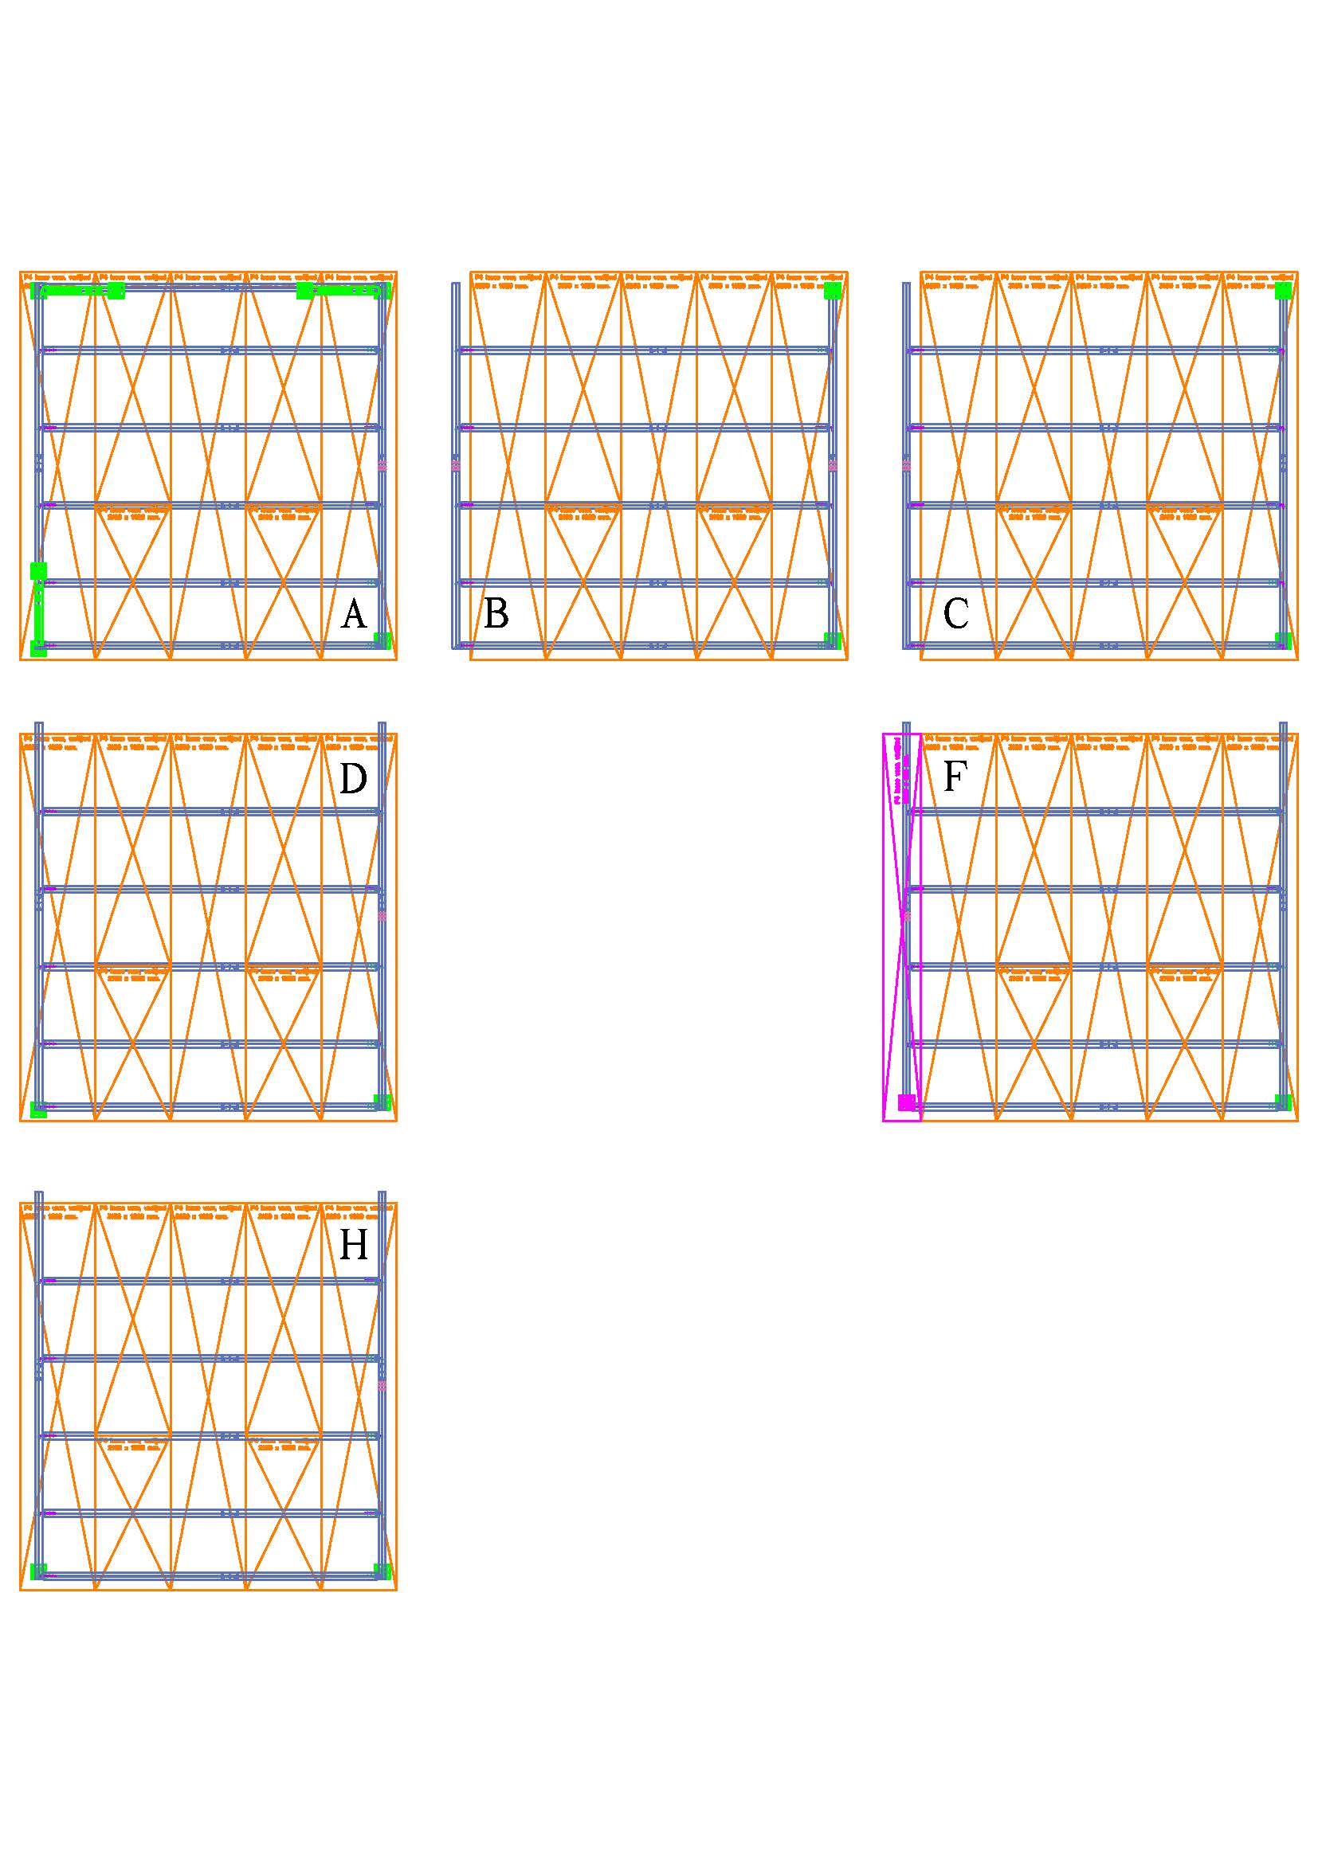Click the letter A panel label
(x=354, y=614)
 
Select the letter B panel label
(x=496, y=613)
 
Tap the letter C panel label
(x=955, y=613)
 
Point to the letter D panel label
(x=353, y=780)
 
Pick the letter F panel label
(x=955, y=777)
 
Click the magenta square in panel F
(x=907, y=1102)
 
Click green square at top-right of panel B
(x=833, y=291)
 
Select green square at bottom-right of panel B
(x=832, y=640)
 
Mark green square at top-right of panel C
(x=1283, y=291)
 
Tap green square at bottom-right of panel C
(x=1283, y=640)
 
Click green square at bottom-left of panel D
(x=38, y=1110)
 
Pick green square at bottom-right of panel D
(x=382, y=1102)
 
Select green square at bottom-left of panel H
(x=38, y=1571)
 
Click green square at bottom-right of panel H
(x=382, y=1571)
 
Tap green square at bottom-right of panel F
(x=1283, y=1102)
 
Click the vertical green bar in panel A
(x=38, y=609)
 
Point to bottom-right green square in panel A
(x=382, y=640)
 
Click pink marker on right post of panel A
(x=382, y=466)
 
